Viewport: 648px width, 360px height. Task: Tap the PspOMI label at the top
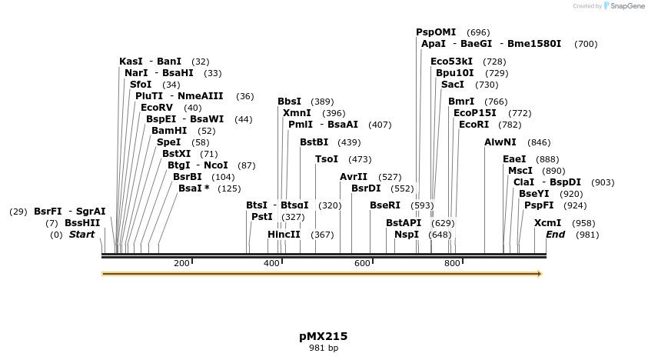(436, 32)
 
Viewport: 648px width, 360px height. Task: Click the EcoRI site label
(474, 125)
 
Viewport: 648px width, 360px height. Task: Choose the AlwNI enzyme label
(500, 142)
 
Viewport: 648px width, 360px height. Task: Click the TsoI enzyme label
(327, 159)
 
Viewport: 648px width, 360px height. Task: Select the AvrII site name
(354, 177)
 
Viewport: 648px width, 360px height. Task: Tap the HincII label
(284, 235)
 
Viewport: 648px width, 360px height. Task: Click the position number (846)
(539, 142)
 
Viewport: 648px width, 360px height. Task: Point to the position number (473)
(360, 159)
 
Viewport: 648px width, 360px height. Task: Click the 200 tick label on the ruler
(181, 264)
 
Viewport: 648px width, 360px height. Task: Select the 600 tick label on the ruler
(362, 264)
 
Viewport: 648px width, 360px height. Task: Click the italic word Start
(82, 235)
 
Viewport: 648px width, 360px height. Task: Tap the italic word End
(555, 235)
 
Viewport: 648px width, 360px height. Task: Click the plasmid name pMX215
(324, 336)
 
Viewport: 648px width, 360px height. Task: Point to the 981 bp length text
(324, 348)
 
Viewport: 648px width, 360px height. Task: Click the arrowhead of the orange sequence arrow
(540, 274)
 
